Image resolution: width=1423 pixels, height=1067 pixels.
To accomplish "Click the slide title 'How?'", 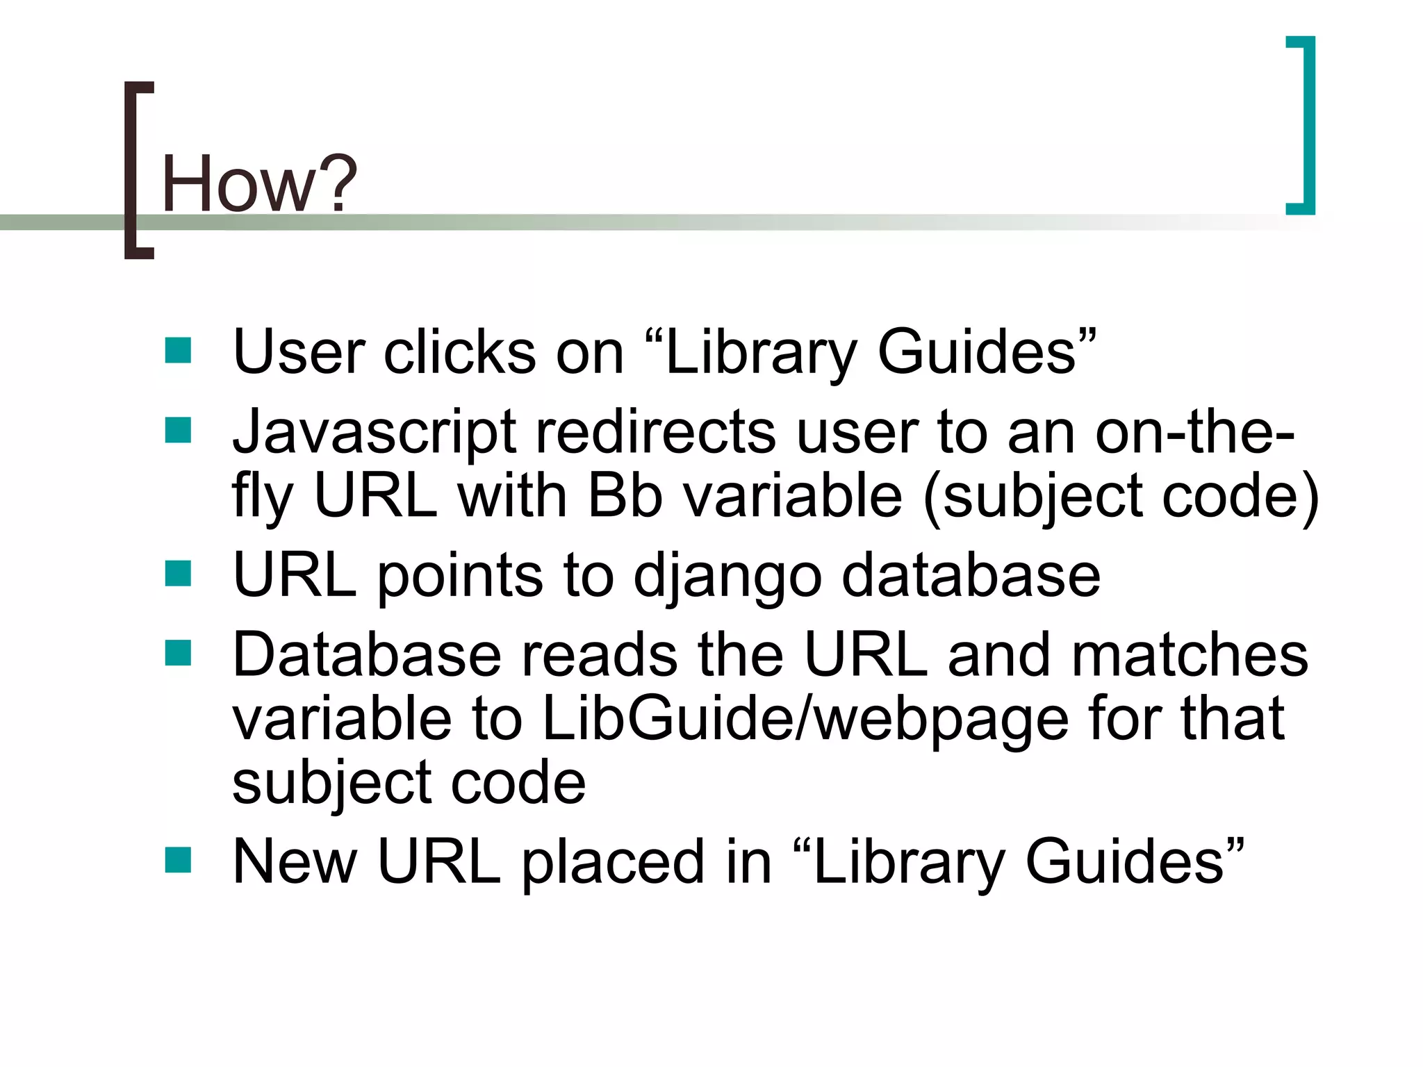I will pos(258,183).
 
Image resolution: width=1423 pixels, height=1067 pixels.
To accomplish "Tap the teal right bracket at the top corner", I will pos(1306,125).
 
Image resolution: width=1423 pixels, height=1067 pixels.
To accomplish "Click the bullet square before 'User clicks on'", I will pos(178,351).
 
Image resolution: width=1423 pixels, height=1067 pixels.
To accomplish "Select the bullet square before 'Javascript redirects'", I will pos(178,431).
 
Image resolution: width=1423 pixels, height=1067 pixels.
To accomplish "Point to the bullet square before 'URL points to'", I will pos(178,574).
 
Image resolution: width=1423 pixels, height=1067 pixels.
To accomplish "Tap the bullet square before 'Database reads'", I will pos(178,654).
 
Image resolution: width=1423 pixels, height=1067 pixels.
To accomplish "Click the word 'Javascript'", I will pos(375,432).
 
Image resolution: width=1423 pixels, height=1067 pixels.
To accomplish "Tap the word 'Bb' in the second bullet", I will pos(625,496).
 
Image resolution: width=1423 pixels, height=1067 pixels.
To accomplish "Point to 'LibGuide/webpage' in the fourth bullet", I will pos(805,720).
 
